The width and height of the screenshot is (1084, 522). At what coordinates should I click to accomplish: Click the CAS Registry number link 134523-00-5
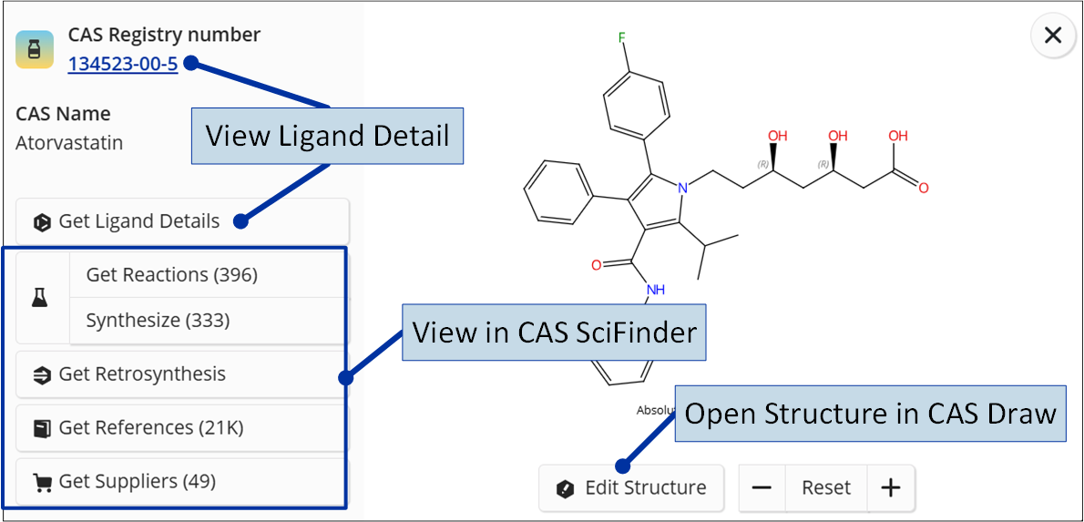tap(123, 65)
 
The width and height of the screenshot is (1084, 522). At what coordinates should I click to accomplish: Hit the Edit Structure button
tap(631, 488)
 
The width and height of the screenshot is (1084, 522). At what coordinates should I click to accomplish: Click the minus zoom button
tap(762, 488)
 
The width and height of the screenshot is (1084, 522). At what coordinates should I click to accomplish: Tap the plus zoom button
tap(891, 488)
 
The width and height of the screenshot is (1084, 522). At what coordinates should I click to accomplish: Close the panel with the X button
tap(1053, 36)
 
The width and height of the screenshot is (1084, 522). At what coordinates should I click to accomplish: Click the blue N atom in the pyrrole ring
tap(682, 188)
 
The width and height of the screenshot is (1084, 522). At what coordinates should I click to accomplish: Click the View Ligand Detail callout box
tap(327, 136)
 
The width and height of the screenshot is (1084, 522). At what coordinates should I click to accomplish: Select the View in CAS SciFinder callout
tap(554, 333)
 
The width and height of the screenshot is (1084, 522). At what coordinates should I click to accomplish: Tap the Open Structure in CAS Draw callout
tap(870, 413)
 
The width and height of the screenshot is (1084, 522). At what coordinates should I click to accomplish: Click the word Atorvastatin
tap(69, 143)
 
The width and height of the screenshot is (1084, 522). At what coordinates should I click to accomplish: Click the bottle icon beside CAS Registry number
tap(35, 50)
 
